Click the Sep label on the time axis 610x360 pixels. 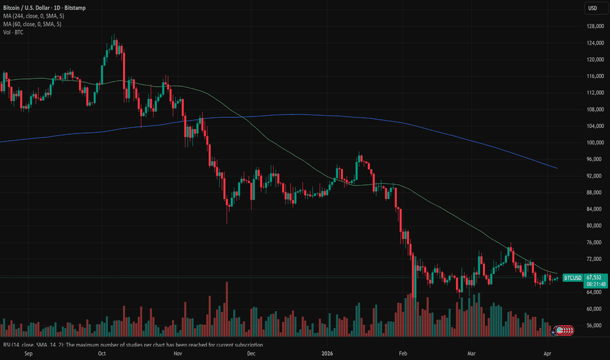[x=28, y=353]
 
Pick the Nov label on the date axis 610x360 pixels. [x=178, y=353]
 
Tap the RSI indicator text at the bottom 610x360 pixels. [x=131, y=345]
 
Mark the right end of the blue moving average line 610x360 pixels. [x=557, y=168]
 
